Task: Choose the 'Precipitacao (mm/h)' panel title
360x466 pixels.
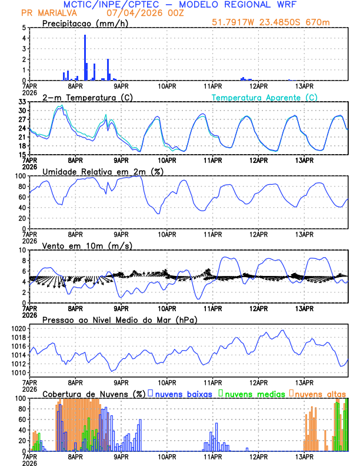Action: pos(86,23)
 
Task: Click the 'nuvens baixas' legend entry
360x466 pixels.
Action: pos(183,394)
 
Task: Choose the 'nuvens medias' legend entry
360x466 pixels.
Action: pos(254,394)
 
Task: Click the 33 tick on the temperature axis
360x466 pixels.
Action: pos(22,102)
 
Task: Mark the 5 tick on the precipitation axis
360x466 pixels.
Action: pos(24,28)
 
